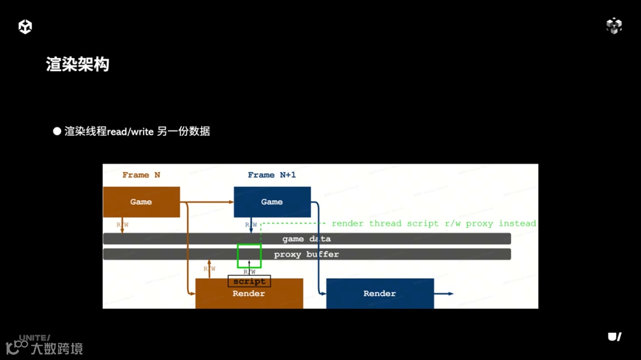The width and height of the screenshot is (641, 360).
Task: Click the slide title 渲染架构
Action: click(x=78, y=64)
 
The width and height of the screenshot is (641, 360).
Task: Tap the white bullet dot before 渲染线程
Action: click(x=57, y=131)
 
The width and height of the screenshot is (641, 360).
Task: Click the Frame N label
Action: click(x=141, y=175)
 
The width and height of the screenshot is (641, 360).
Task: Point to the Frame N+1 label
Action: click(x=271, y=175)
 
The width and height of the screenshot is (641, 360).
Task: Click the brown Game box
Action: click(x=141, y=202)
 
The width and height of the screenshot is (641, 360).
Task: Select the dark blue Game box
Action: click(x=272, y=202)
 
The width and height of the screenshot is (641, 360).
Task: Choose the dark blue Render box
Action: click(x=380, y=294)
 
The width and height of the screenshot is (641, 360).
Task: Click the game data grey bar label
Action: click(x=306, y=239)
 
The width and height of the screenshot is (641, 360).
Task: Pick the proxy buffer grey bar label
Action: click(x=306, y=254)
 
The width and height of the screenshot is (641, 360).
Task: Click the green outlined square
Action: click(x=249, y=256)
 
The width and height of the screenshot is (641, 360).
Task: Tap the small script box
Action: click(x=249, y=281)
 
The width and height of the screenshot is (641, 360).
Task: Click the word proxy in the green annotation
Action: click(x=479, y=224)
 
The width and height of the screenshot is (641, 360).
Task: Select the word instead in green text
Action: click(x=517, y=224)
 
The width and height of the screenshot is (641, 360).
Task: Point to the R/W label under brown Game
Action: click(x=122, y=225)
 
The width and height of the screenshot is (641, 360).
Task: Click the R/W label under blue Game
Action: click(x=251, y=225)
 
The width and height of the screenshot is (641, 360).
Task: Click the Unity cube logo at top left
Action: click(x=25, y=26)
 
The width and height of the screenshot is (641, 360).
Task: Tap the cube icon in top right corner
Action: click(x=614, y=26)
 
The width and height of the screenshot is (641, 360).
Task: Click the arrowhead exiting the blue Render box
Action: click(x=450, y=294)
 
